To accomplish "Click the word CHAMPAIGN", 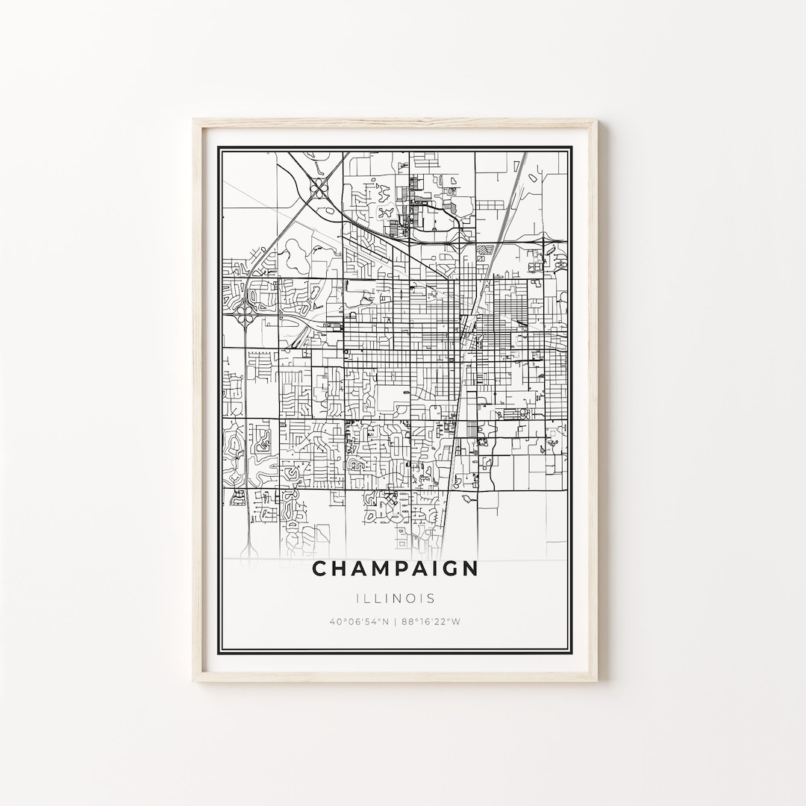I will pyautogui.click(x=395, y=569).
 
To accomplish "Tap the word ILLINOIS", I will pyautogui.click(x=395, y=599).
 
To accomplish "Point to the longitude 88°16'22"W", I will pyautogui.click(x=431, y=621).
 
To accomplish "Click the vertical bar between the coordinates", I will pyautogui.click(x=396, y=621).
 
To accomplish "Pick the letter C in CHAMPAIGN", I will pyautogui.click(x=319, y=569).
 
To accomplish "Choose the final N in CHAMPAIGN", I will pyautogui.click(x=469, y=569).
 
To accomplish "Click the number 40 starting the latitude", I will pyautogui.click(x=333, y=621).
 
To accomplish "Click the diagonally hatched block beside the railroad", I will pyautogui.click(x=485, y=252).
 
